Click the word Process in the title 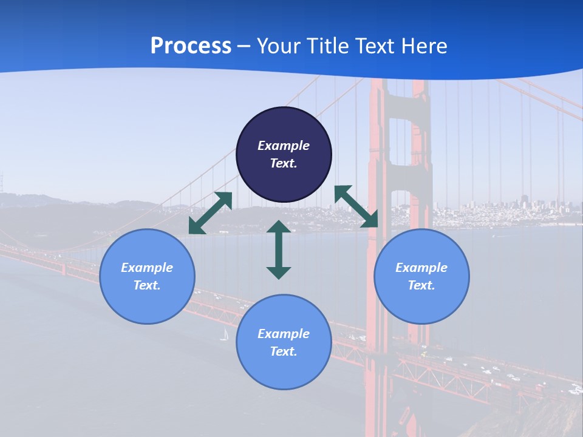191,46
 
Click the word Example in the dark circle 284,146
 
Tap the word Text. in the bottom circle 284,351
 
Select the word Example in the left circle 147,268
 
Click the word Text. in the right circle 421,285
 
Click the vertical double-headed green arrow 279,249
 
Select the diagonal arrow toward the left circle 210,213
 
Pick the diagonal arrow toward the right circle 356,206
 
